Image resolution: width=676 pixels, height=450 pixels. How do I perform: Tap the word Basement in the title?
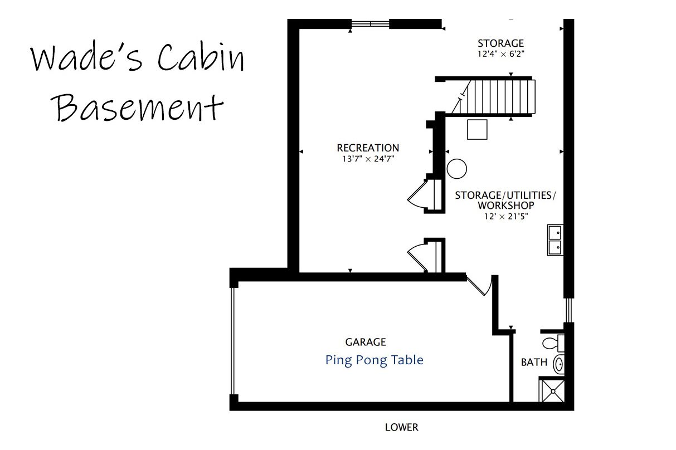click(137, 107)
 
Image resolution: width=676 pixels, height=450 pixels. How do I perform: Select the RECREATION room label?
click(368, 148)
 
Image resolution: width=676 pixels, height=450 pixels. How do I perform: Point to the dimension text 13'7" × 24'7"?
click(368, 159)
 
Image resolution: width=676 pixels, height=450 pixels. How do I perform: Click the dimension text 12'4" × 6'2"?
click(500, 54)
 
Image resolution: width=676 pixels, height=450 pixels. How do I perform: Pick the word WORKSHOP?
click(506, 206)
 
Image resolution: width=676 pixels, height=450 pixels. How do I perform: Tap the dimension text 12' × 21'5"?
click(506, 216)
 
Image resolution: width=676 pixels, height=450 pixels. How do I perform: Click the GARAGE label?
click(366, 342)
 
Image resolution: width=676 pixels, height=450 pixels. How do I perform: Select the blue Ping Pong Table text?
click(374, 360)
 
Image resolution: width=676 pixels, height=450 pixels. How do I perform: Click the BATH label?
click(534, 362)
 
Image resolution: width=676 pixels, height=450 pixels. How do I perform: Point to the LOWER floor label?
click(402, 427)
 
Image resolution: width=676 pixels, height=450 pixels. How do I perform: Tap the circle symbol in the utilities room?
click(456, 169)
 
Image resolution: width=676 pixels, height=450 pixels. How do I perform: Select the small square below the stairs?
click(477, 129)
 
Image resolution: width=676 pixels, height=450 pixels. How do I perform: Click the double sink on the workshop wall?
click(555, 240)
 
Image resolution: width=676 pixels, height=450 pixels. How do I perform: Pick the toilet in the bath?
click(553, 343)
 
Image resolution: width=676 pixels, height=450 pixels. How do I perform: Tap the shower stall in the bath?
click(552, 390)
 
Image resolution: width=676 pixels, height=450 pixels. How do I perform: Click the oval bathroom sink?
click(558, 364)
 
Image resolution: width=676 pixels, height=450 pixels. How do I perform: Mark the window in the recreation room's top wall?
click(370, 23)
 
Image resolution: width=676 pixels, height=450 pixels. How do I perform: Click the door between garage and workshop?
click(480, 286)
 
